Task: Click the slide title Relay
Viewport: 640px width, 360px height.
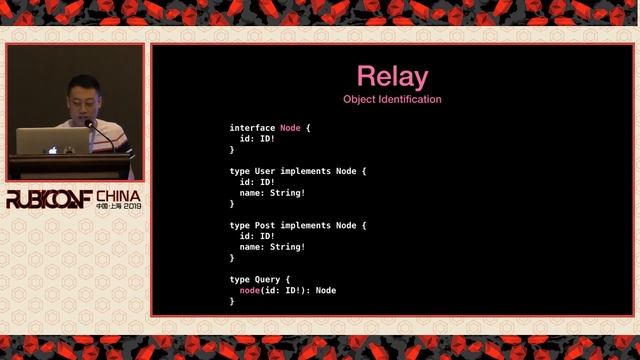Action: pyautogui.click(x=392, y=76)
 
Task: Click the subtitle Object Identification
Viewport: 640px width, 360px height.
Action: pyautogui.click(x=392, y=99)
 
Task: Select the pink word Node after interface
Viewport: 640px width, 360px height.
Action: pyautogui.click(x=290, y=128)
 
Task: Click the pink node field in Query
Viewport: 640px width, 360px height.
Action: pyautogui.click(x=251, y=290)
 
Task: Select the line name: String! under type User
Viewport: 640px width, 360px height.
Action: pyautogui.click(x=272, y=193)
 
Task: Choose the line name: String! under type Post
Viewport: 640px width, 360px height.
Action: pyautogui.click(x=272, y=247)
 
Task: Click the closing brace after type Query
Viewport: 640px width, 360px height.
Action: pyautogui.click(x=232, y=301)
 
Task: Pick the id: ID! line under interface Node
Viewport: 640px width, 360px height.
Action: pyautogui.click(x=257, y=139)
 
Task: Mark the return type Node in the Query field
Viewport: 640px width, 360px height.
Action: pyautogui.click(x=324, y=290)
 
